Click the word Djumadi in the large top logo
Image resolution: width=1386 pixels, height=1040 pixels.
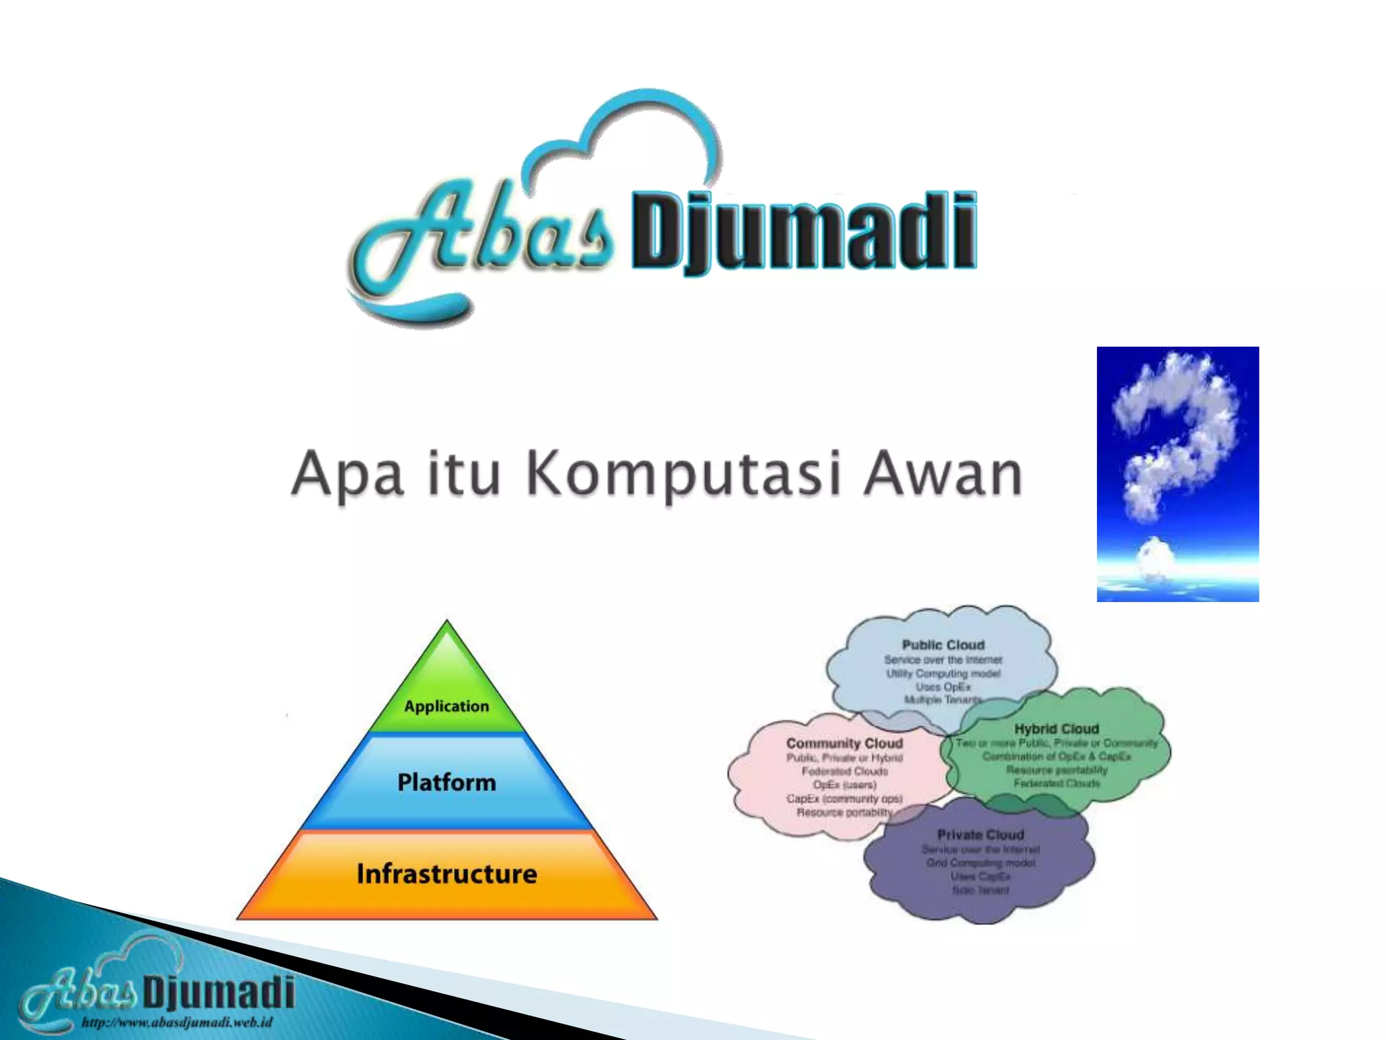click(804, 232)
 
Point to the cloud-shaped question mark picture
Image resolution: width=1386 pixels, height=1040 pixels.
click(1178, 474)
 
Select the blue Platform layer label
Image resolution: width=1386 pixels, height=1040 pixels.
click(447, 783)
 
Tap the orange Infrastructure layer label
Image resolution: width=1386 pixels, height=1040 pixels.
click(447, 874)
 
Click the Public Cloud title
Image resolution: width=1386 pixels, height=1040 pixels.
click(943, 645)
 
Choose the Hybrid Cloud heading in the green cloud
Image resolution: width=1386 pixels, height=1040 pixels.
click(1056, 729)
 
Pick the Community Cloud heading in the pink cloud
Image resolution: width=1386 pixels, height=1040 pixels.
click(845, 743)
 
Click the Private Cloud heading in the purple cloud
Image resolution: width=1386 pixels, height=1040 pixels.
click(981, 835)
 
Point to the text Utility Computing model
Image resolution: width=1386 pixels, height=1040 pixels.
click(943, 673)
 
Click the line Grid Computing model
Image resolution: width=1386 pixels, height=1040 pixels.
click(981, 863)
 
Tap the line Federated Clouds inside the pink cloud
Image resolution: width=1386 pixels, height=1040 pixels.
click(845, 771)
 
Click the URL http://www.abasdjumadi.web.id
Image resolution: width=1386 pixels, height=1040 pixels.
click(177, 1022)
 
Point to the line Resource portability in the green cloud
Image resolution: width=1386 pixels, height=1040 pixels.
click(1056, 770)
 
